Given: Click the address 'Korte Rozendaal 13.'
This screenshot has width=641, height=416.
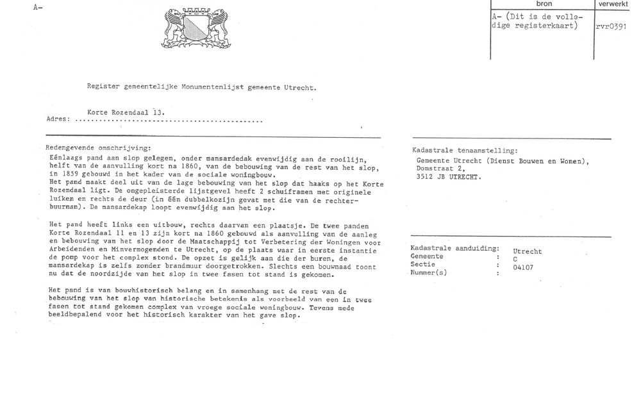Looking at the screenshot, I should click(x=126, y=112).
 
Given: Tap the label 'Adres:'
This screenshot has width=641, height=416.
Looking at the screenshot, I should click(x=59, y=119).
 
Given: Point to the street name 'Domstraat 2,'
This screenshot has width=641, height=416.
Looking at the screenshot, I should click(x=442, y=169).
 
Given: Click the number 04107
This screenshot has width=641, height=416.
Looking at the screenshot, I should click(x=524, y=268).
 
